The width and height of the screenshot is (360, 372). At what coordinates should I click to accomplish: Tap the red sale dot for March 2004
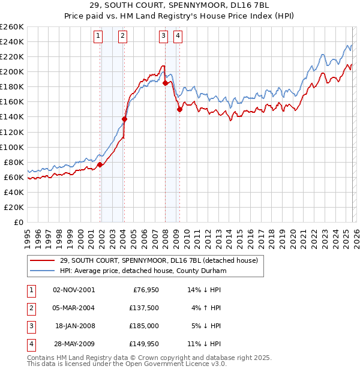(125, 119)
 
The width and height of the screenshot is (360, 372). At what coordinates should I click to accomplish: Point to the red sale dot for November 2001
(100, 164)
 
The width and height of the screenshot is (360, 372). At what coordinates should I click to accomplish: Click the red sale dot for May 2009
(179, 109)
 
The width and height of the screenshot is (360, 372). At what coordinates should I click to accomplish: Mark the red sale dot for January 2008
(165, 83)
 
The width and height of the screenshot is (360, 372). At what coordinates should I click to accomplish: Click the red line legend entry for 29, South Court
(158, 260)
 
